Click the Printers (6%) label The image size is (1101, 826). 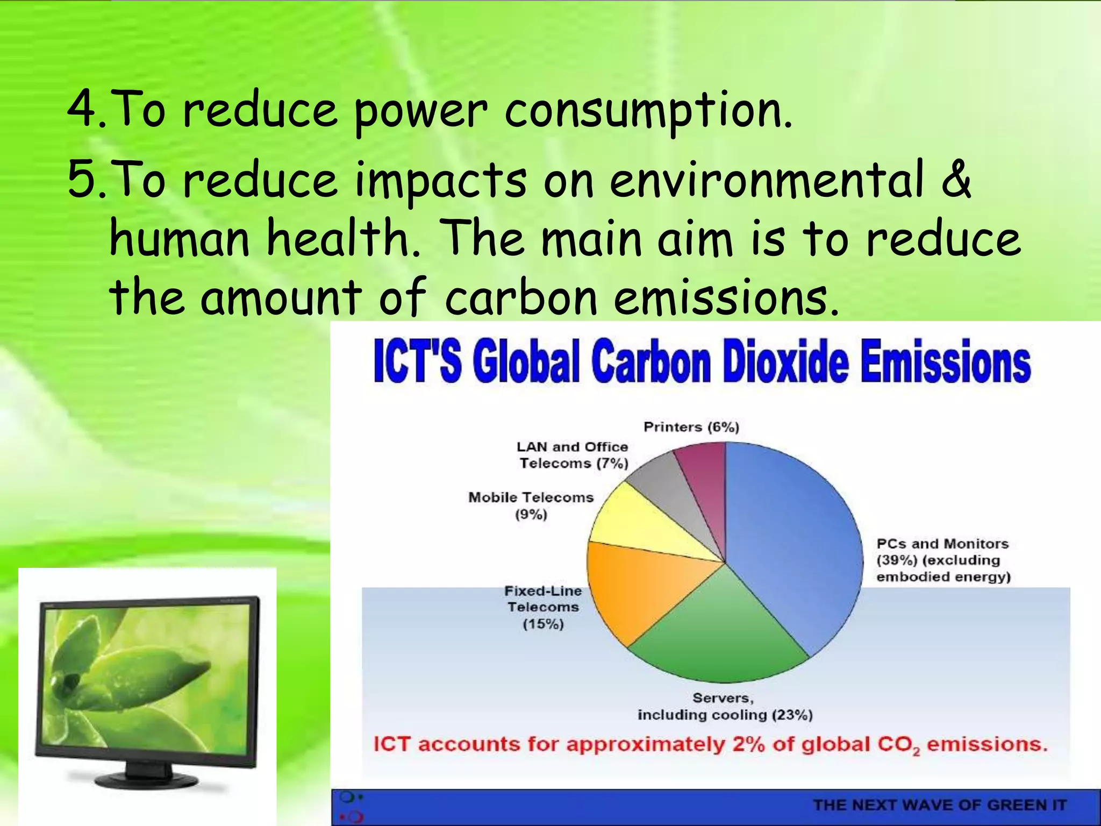click(691, 427)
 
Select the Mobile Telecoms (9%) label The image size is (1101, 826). click(531, 505)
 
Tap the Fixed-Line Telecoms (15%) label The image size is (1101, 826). click(543, 607)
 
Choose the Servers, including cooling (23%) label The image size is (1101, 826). click(725, 706)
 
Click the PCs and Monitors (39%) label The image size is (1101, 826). click(943, 560)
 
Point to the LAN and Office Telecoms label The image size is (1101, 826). click(573, 455)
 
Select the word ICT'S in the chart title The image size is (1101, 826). click(417, 361)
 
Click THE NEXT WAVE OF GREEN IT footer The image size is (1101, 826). click(940, 805)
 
